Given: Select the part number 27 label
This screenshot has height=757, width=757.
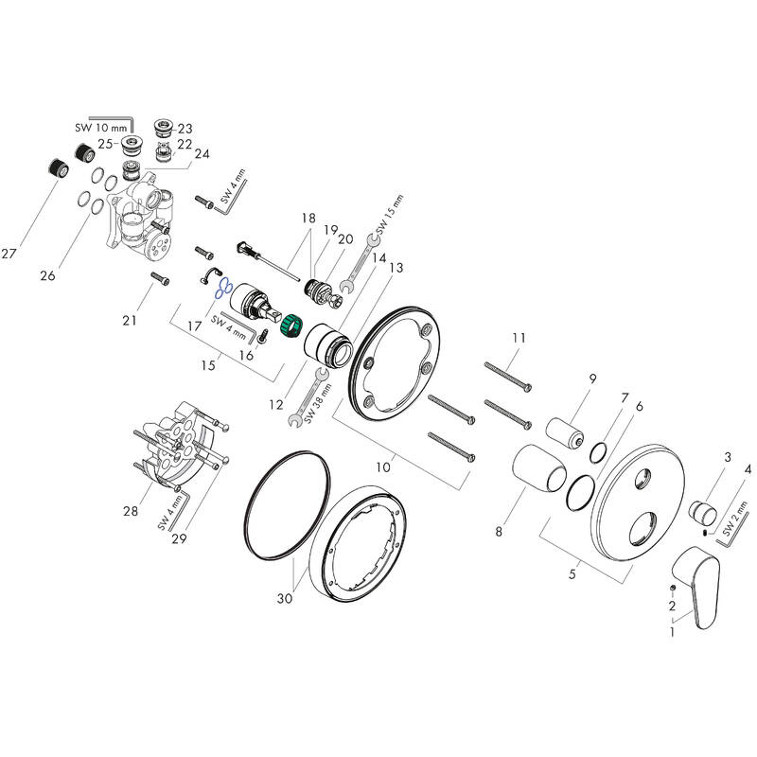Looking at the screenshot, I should tap(10, 254).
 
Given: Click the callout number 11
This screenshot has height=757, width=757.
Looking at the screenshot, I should tap(518, 338).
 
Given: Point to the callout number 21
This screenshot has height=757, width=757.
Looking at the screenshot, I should tap(130, 321).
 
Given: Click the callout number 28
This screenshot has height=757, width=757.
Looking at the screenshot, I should tap(131, 511).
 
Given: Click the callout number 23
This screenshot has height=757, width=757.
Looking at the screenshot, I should tap(185, 129).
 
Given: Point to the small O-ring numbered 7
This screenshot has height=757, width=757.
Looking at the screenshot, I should tap(598, 451).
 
